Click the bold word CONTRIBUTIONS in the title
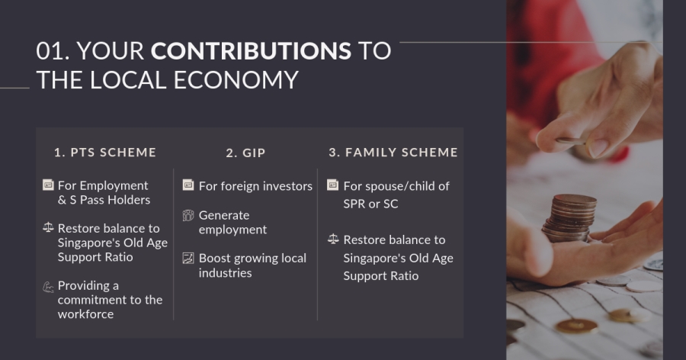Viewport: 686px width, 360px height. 251,51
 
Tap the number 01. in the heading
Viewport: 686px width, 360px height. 53,51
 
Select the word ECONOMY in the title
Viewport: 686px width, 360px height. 236,80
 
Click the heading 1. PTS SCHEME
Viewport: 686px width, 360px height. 105,153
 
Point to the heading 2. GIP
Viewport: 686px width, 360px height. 246,153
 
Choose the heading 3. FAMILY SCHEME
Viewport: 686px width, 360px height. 393,153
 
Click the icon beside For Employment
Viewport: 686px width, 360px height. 48,185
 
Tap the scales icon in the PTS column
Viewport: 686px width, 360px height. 48,227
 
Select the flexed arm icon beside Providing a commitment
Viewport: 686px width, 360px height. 48,287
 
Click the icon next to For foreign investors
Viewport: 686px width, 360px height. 188,185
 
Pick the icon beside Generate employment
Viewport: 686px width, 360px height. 188,215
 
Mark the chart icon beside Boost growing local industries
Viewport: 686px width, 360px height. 188,258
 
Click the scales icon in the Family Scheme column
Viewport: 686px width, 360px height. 333,239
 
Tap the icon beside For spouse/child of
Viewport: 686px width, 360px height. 333,185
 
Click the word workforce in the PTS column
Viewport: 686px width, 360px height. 85,314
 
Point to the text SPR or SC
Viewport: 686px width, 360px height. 370,204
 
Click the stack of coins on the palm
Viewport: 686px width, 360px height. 569,218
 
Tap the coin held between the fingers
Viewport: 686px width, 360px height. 571,141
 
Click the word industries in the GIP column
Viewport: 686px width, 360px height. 226,273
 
